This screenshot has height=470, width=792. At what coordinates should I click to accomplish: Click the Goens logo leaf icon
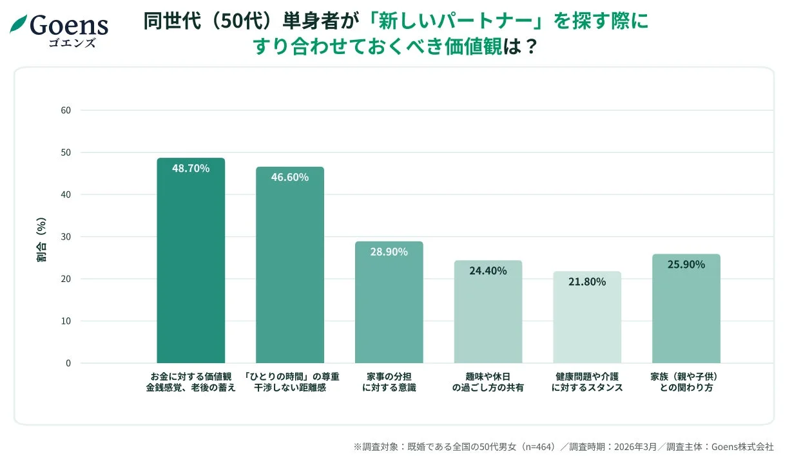click(19, 24)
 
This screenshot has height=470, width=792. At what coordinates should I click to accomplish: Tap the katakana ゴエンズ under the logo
click(72, 43)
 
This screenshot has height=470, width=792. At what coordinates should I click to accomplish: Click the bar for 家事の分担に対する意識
click(389, 303)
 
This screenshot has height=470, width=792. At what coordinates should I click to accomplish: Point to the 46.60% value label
click(289, 177)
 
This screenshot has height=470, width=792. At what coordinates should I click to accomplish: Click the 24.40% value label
click(488, 270)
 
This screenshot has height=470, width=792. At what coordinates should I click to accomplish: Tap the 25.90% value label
click(686, 264)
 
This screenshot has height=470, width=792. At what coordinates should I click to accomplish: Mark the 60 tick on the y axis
click(66, 110)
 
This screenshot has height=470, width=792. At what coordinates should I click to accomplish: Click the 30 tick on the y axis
click(66, 237)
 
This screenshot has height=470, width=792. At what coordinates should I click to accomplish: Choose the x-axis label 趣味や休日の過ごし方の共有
click(488, 382)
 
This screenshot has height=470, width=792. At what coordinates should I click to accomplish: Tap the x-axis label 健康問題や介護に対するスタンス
click(587, 382)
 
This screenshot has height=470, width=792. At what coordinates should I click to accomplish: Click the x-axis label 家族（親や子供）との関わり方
click(686, 382)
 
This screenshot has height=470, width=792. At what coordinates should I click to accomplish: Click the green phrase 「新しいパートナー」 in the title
click(454, 21)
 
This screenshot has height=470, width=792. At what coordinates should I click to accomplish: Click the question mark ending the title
click(530, 47)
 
